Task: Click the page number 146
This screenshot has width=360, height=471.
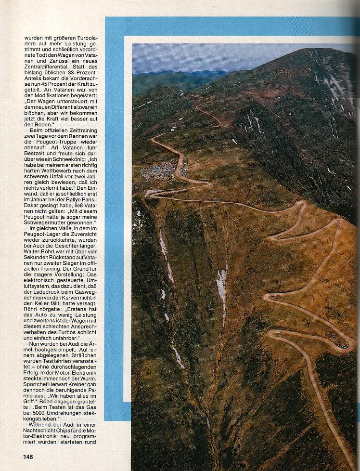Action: (27, 456)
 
